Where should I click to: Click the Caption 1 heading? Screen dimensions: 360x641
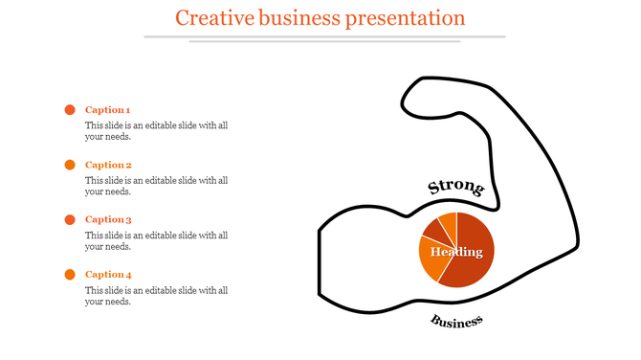tap(108, 110)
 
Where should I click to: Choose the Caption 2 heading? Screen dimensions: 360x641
tap(108, 165)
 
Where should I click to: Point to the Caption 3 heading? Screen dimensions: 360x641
tap(108, 219)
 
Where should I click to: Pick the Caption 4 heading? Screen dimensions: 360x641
tap(108, 275)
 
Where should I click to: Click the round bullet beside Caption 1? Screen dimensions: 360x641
tap(70, 110)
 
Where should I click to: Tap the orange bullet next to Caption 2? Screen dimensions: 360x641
tap(70, 165)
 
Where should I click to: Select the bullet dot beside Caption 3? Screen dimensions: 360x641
tap(70, 219)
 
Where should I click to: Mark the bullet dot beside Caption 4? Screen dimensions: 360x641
tap(70, 275)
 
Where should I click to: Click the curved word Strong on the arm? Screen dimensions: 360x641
tap(454, 188)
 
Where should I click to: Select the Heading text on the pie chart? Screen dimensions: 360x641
tap(456, 252)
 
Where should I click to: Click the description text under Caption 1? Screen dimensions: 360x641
tap(155, 131)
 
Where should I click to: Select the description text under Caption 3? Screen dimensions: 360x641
tap(155, 240)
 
